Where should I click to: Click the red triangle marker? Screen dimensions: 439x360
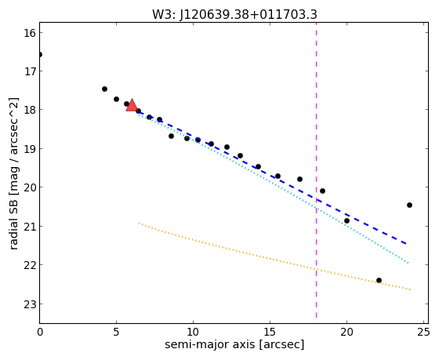click(132, 105)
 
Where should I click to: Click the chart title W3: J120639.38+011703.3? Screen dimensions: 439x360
click(234, 15)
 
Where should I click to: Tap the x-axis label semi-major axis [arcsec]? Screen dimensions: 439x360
click(234, 344)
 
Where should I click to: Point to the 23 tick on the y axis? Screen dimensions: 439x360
click(30, 304)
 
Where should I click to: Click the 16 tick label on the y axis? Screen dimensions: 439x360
click(30, 33)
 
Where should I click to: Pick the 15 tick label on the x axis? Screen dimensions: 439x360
click(270, 332)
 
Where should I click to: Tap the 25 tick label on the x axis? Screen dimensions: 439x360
click(423, 332)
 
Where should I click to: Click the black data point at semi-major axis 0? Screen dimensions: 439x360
click(39, 54)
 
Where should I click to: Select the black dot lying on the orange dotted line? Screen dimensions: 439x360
click(379, 280)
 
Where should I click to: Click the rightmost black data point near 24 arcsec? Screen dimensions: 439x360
click(409, 205)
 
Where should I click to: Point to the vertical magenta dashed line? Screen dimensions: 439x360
click(317, 170)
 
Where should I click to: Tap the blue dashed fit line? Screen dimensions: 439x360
click(271, 177)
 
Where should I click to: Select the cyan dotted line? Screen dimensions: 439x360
click(273, 188)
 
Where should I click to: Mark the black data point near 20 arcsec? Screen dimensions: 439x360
click(346, 220)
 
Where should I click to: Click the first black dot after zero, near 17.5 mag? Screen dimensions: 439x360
click(104, 89)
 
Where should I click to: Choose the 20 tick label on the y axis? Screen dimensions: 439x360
click(30, 187)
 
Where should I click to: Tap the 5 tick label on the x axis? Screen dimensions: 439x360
click(116, 332)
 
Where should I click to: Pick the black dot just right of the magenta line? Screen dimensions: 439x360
click(322, 191)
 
